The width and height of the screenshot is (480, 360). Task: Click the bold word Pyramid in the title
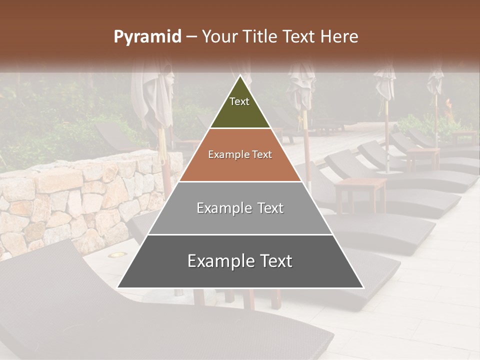pos(147,37)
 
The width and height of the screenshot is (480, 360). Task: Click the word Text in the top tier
pos(239,101)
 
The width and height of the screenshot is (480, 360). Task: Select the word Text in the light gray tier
pos(267,208)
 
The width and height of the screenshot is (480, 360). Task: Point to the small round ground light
pos(118,255)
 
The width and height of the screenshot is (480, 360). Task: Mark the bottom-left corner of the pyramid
pos(117,287)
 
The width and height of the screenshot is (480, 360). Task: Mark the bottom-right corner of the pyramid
pos(363,287)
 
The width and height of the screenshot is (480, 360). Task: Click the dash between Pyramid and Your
pos(191,37)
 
